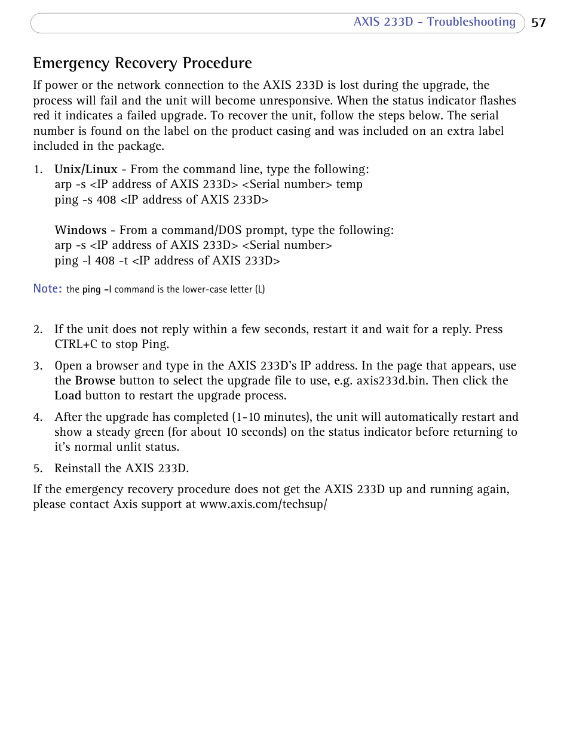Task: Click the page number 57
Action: pyautogui.click(x=538, y=23)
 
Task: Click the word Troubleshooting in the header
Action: pyautogui.click(x=471, y=22)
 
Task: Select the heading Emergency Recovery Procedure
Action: pyautogui.click(x=142, y=63)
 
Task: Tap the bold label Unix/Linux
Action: pyautogui.click(x=86, y=170)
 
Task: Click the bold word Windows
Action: pyautogui.click(x=81, y=230)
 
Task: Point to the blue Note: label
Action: pyautogui.click(x=47, y=289)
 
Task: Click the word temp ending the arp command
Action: pyautogui.click(x=349, y=184)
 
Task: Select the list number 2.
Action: pyautogui.click(x=38, y=330)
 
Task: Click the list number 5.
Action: pyautogui.click(x=38, y=469)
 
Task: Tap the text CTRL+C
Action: pyautogui.click(x=76, y=344)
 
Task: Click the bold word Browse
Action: pyautogui.click(x=95, y=381)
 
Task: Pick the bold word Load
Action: pyautogui.click(x=68, y=396)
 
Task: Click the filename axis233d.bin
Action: pyautogui.click(x=391, y=381)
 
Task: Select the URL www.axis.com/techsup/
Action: pyautogui.click(x=263, y=504)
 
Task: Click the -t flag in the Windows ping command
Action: pyautogui.click(x=123, y=261)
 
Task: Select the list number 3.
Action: pyautogui.click(x=38, y=366)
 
